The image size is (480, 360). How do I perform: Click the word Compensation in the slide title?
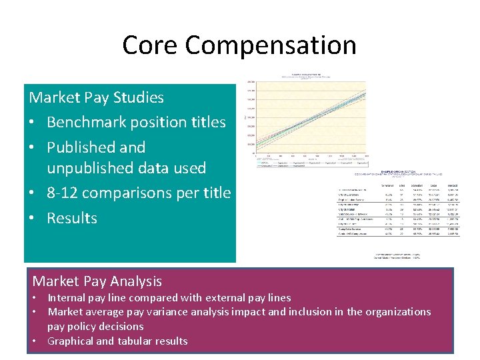coord(271,45)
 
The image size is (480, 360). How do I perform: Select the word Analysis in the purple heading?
coord(131,281)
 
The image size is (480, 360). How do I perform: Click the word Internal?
coord(68,297)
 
